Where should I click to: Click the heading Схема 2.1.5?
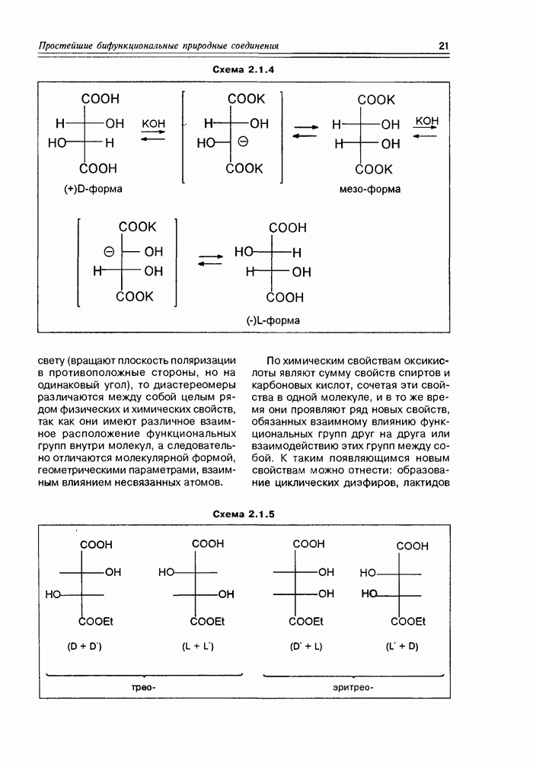[x=243, y=514]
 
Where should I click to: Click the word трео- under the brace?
[x=144, y=688]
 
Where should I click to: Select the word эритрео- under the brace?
[x=353, y=688]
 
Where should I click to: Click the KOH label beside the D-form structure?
[x=153, y=123]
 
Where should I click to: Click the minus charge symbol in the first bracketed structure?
[x=243, y=142]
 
